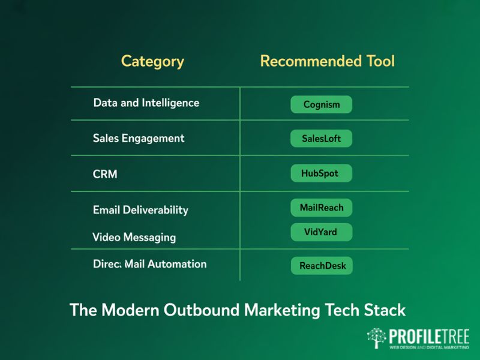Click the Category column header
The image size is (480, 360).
click(x=152, y=61)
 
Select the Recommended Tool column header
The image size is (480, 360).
click(x=327, y=61)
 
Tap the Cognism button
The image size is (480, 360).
click(x=321, y=104)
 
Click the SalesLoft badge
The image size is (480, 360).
click(x=321, y=139)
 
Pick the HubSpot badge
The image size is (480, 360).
click(x=321, y=173)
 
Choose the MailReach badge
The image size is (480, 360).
click(x=321, y=208)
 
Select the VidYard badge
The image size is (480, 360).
click(x=321, y=232)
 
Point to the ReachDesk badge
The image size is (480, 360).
click(x=322, y=266)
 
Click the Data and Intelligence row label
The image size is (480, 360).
click(x=146, y=103)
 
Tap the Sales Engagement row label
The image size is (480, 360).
click(x=139, y=138)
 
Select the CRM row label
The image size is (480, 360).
click(x=105, y=174)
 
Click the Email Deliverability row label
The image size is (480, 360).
click(x=140, y=210)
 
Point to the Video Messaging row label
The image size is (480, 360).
click(x=134, y=237)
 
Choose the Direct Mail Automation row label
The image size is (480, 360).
click(x=150, y=264)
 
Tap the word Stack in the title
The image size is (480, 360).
click(x=384, y=310)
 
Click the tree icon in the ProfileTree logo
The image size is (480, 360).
click(x=377, y=338)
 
